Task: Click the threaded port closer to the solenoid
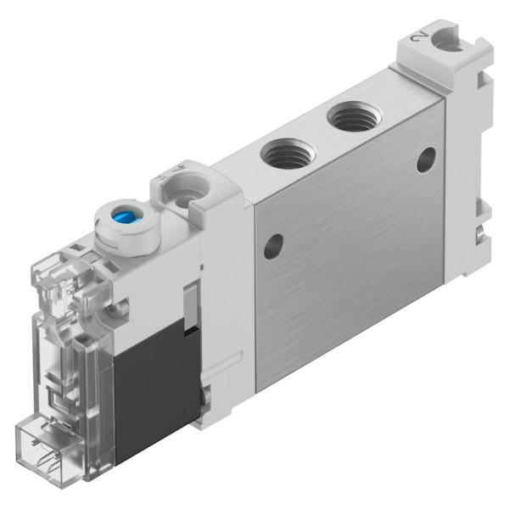pyautogui.click(x=282, y=154)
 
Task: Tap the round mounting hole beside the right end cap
pyautogui.click(x=426, y=159)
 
